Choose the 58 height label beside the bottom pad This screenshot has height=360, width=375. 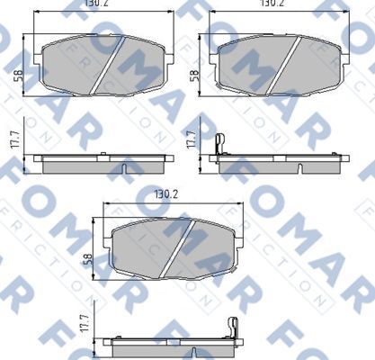[x=87, y=258]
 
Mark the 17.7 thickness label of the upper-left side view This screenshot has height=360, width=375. [x=16, y=139]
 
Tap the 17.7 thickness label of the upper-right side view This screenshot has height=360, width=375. [x=191, y=139]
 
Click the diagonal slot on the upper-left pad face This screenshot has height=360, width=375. [x=110, y=67]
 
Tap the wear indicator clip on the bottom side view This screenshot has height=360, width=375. [x=233, y=328]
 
